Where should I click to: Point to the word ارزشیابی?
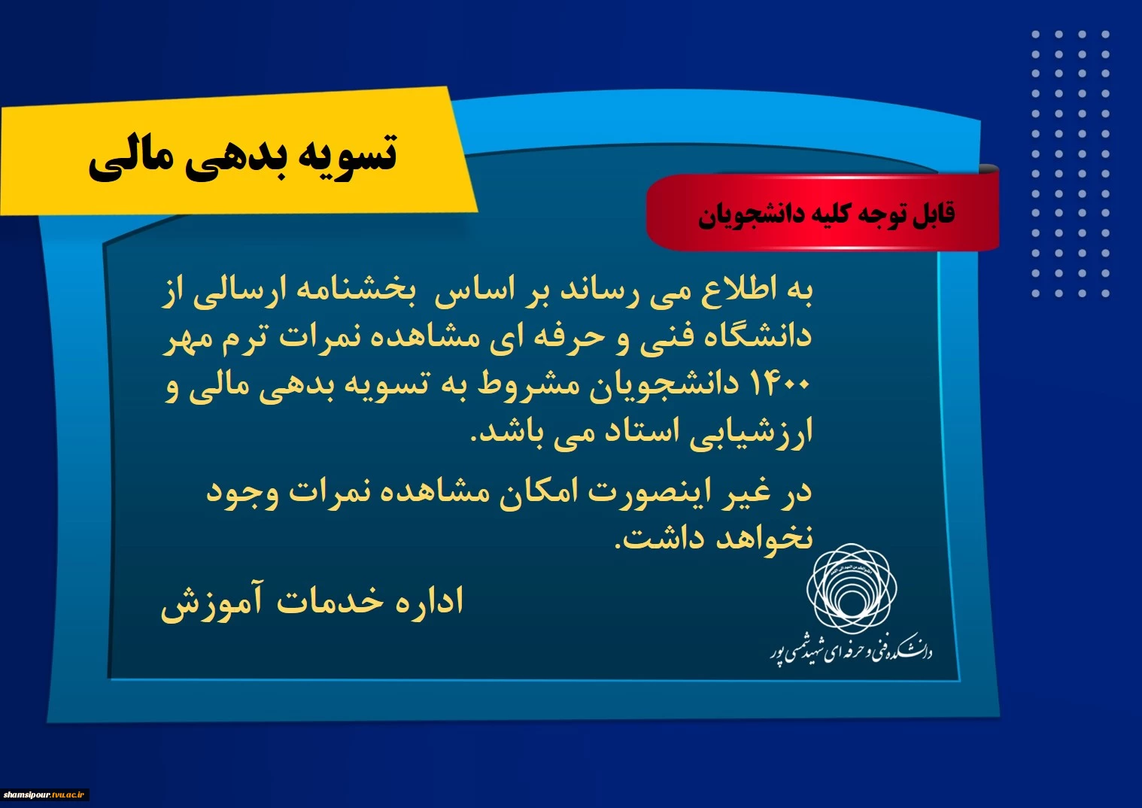751,433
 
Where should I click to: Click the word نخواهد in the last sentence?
765,539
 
